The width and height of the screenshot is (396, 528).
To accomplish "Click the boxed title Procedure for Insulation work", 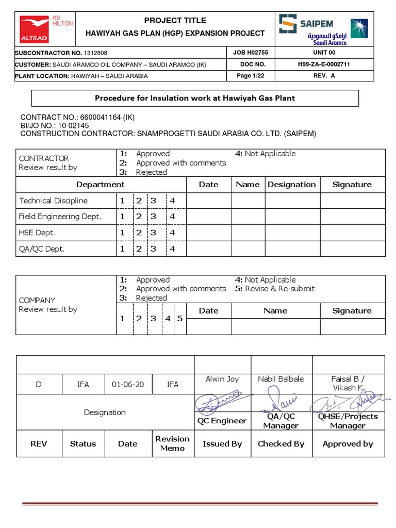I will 195,98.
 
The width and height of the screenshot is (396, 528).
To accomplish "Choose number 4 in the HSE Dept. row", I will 172,233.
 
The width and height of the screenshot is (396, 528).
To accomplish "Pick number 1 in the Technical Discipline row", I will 122,201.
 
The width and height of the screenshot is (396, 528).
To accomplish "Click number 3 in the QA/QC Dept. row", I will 153,249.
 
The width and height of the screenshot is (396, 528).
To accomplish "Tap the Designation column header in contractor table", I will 291,185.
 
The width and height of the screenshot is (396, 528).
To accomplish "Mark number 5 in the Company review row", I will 179,318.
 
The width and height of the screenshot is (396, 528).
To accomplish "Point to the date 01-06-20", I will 127,385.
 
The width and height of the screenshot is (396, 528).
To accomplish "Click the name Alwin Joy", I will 222,379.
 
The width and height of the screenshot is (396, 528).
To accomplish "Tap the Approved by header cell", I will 348,443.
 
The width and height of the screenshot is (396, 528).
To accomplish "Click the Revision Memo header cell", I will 172,443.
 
